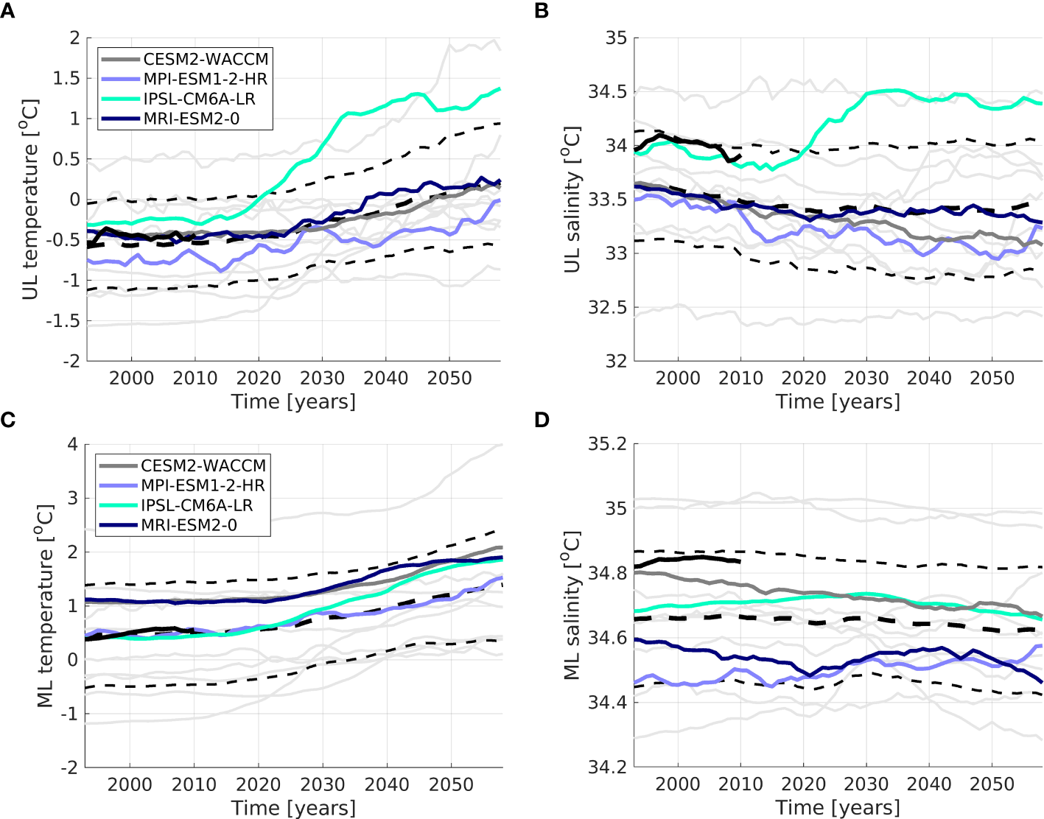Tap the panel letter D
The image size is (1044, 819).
[x=542, y=420]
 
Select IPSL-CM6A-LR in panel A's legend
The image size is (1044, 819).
[x=199, y=99]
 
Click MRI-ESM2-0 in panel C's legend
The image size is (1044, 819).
[x=189, y=525]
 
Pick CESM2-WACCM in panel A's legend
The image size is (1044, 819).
[x=206, y=59]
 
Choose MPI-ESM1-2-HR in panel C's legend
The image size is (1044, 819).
[x=203, y=485]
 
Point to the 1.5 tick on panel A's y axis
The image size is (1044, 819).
[x=65, y=79]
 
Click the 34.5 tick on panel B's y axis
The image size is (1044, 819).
[x=607, y=92]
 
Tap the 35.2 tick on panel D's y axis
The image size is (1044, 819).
[x=607, y=444]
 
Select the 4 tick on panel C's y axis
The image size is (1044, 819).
[x=72, y=444]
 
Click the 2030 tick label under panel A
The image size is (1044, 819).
[x=322, y=379]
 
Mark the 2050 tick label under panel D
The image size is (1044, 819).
[x=992, y=784]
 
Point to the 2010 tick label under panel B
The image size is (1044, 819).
[x=740, y=379]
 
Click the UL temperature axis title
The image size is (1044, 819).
[x=30, y=200]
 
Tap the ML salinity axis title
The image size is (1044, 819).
[x=572, y=605]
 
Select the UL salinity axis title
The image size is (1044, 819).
[x=572, y=200]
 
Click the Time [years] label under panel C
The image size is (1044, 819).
[x=293, y=808]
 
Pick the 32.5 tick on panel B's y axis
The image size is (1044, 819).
[x=607, y=308]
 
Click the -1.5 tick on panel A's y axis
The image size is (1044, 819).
[x=63, y=321]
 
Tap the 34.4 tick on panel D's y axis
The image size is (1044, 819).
[x=607, y=702]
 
